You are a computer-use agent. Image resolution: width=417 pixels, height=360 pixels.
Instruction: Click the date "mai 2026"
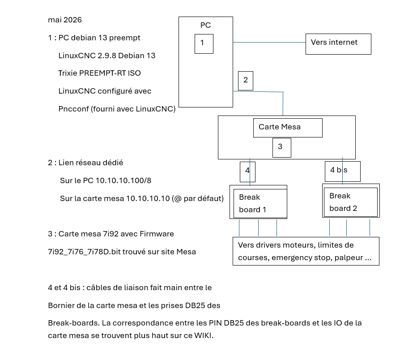(65, 20)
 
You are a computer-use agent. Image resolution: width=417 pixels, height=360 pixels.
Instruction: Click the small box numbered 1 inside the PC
(204, 44)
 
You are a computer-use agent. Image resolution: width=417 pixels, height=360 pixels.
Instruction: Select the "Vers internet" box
(338, 44)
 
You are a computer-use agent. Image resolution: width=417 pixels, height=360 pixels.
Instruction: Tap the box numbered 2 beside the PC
(246, 81)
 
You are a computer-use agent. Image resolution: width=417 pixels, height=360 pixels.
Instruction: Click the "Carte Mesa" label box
(288, 128)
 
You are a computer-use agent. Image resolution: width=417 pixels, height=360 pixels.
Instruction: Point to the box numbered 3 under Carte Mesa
(282, 147)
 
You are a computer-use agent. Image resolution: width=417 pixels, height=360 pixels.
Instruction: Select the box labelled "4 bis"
(342, 171)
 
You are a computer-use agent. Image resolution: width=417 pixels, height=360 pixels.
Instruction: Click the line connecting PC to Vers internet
(268, 43)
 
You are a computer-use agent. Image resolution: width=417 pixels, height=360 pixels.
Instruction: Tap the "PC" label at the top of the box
(205, 26)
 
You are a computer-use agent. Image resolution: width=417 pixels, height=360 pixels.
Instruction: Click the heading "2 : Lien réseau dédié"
(85, 163)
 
